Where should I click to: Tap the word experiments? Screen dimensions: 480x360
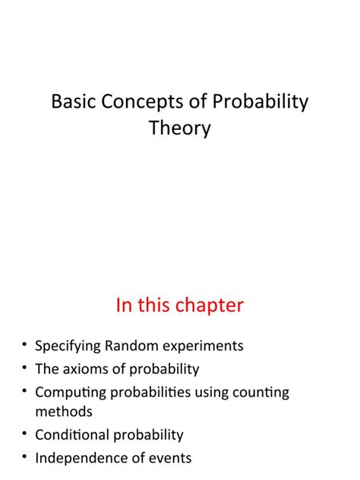pyautogui.click(x=205, y=346)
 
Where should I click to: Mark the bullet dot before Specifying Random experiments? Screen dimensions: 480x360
pyautogui.click(x=25, y=346)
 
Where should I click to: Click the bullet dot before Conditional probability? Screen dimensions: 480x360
pyautogui.click(x=25, y=434)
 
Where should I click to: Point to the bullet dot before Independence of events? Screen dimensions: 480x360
pyautogui.click(x=25, y=458)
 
